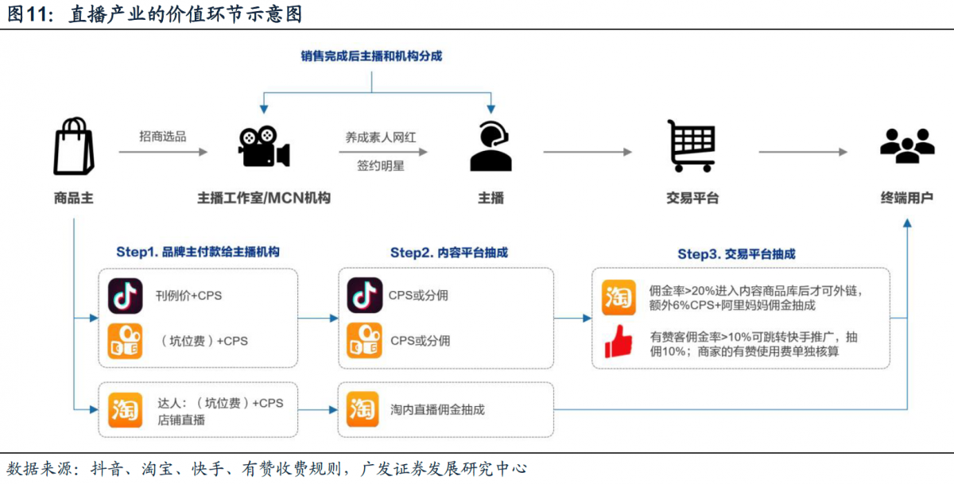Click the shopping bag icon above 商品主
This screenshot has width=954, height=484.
click(x=74, y=146)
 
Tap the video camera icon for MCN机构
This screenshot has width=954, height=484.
click(x=264, y=146)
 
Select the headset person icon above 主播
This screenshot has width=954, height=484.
click(x=491, y=146)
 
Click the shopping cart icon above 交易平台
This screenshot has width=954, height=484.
click(x=692, y=145)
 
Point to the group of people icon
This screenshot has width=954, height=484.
click(x=908, y=145)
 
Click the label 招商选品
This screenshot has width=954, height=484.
click(x=163, y=137)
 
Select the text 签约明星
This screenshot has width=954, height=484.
click(x=380, y=165)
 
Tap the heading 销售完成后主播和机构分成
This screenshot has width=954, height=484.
click(x=371, y=56)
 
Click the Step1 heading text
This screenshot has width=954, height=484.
click(x=198, y=252)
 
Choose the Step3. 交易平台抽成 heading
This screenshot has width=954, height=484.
click(x=736, y=254)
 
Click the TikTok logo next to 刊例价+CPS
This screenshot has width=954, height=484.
click(x=126, y=296)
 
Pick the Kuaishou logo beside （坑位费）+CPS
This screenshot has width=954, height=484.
click(x=125, y=341)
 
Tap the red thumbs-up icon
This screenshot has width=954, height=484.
click(x=619, y=342)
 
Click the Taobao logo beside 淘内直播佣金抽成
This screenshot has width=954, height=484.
click(x=363, y=409)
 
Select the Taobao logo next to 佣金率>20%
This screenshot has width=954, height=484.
click(x=619, y=297)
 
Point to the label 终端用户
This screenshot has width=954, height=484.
click(x=907, y=198)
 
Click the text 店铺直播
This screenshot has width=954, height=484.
click(x=181, y=420)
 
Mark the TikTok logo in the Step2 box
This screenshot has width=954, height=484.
click(x=365, y=296)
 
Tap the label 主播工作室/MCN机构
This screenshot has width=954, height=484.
click(x=264, y=198)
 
